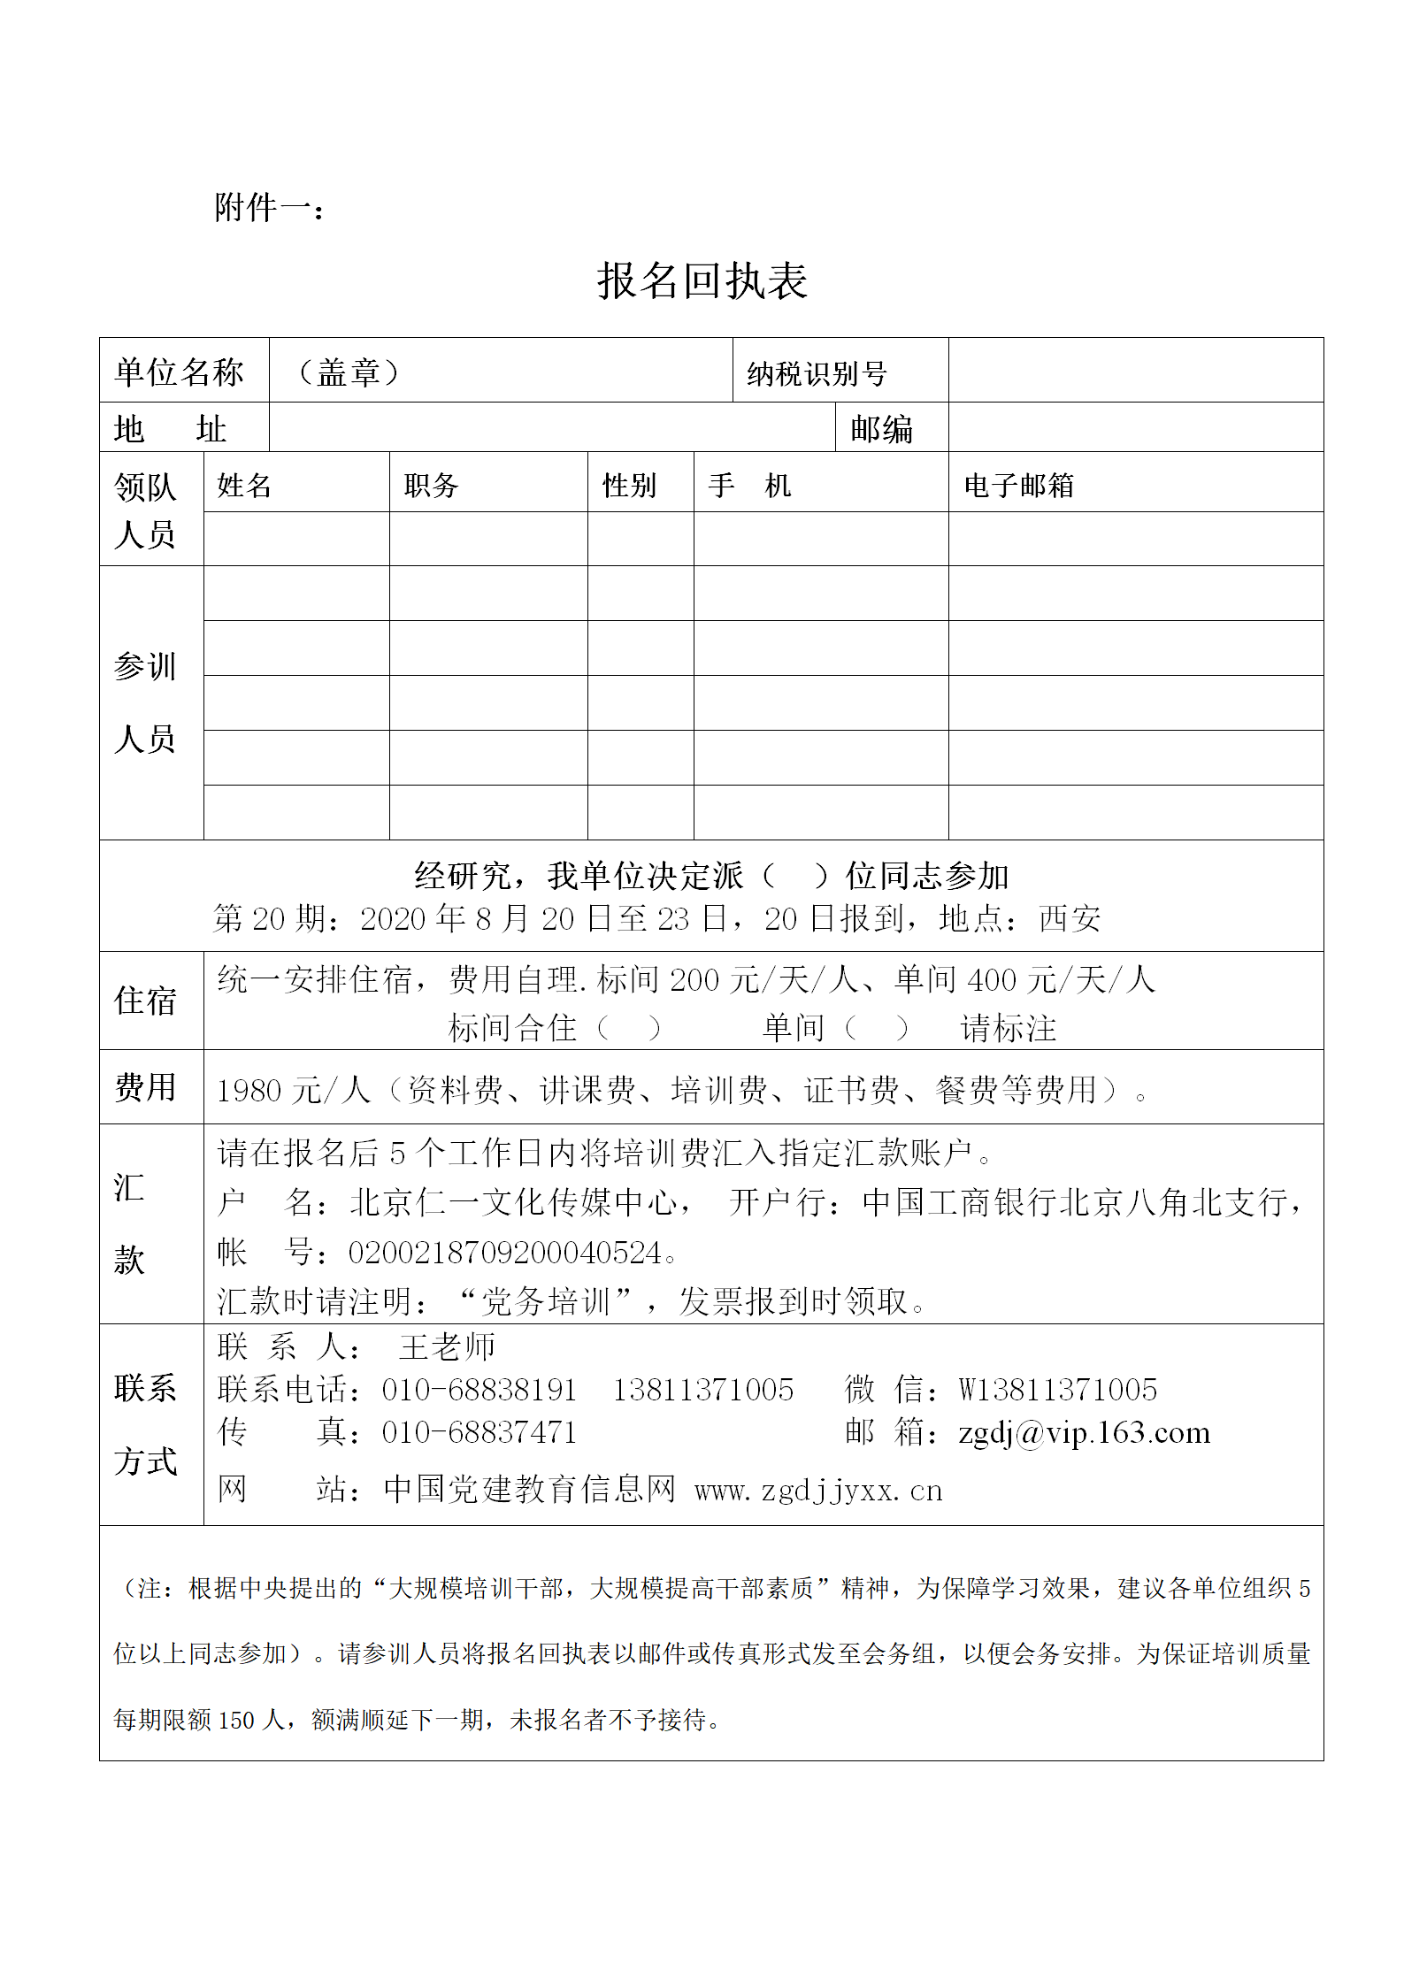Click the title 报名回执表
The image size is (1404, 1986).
702,281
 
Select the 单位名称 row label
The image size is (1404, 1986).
179,372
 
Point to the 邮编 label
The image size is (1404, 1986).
881,429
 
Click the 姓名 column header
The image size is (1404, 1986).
244,485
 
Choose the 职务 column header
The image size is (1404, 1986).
431,485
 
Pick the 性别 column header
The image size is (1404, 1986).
629,485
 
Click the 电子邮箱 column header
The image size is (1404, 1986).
1018,485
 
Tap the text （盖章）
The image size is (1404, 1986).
349,372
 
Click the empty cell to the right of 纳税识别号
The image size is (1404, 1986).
1135,371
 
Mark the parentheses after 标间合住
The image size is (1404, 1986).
628,1028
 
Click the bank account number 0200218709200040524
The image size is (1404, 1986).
504,1253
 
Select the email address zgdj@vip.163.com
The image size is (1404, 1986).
1084,1432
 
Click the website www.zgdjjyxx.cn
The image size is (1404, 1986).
818,1491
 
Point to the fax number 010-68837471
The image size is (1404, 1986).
479,1432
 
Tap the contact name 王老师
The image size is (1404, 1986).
447,1347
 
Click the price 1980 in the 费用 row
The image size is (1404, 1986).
249,1091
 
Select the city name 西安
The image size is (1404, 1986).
1070,919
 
